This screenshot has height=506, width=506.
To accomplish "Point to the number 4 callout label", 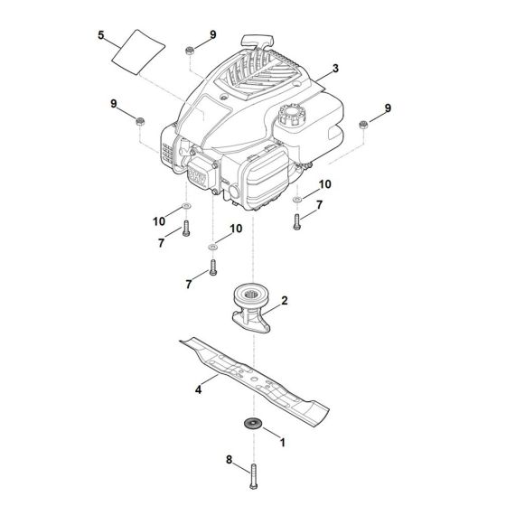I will (x=198, y=389).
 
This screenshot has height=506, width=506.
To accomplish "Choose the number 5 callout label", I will (x=101, y=36).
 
